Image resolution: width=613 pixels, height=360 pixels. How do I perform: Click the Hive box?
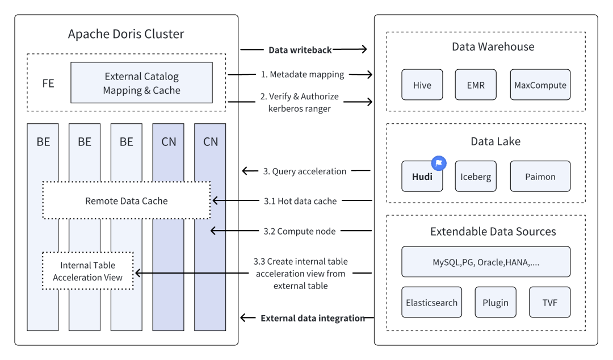[x=422, y=86]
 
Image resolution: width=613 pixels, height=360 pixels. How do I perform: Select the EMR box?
[x=476, y=86]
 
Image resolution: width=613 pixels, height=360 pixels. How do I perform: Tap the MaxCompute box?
[x=539, y=86]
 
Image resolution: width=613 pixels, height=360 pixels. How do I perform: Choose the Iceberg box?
[x=476, y=177]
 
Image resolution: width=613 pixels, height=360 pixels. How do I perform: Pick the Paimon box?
[x=539, y=177]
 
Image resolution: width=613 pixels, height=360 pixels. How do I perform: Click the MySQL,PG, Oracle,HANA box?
[x=485, y=262]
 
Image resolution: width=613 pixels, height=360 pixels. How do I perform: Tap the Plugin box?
[x=496, y=303]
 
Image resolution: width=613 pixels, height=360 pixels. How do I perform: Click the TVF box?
[x=549, y=303]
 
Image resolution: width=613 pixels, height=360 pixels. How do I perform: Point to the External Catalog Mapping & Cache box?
[x=141, y=83]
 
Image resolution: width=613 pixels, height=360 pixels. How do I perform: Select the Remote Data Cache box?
[x=126, y=200]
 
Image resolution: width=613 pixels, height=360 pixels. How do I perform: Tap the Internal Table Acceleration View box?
[x=88, y=271]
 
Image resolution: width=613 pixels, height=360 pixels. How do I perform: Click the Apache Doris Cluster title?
[x=125, y=34]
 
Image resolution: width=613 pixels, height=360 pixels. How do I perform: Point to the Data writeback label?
[x=300, y=50]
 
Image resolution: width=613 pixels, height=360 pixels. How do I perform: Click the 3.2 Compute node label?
[x=291, y=231]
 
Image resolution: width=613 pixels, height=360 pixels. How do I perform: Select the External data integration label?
[x=312, y=318]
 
